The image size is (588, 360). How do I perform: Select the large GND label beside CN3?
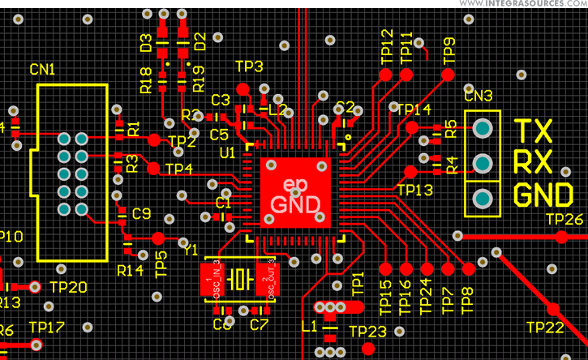coord(545,195)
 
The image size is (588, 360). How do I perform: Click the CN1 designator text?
coord(41,71)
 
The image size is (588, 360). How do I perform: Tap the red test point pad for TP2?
coord(155,139)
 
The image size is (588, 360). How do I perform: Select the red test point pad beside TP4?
coord(152,168)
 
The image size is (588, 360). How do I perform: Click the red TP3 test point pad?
coord(242,89)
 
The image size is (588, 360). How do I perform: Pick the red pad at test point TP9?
coord(448,74)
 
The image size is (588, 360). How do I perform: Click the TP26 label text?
coord(564,219)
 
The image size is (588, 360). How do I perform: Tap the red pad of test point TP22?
coord(554,309)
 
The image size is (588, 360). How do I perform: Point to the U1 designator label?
coord(228,152)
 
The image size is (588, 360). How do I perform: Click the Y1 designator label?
coord(191,251)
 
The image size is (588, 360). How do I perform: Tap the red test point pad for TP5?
coord(158,238)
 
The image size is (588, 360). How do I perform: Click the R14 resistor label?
coord(130,269)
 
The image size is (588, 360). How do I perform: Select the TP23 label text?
coord(367,331)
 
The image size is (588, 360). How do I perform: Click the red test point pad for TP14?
coord(412,127)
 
